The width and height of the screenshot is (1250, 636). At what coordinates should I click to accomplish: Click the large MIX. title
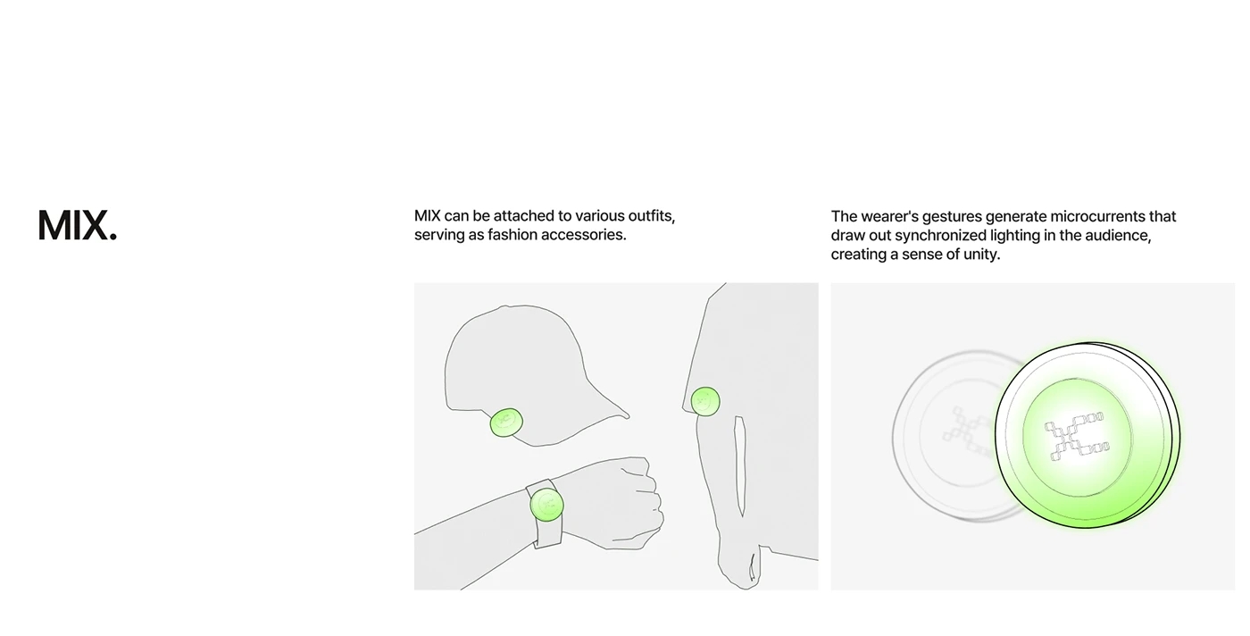[78, 226]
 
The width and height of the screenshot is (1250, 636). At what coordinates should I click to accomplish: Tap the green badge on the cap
[506, 422]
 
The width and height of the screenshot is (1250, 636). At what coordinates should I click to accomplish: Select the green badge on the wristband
[546, 505]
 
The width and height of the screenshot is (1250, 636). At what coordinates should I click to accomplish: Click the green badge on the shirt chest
[705, 401]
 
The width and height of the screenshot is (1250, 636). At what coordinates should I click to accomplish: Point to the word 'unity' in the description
[981, 254]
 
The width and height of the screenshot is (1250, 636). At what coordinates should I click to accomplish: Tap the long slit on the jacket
[739, 464]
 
